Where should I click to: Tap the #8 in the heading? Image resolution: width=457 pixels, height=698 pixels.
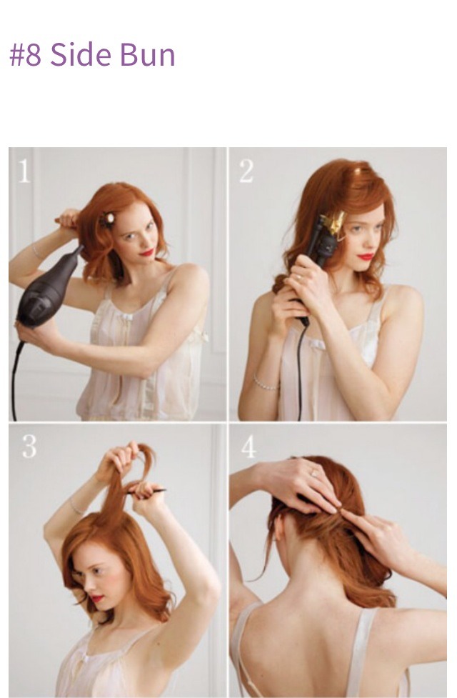26,55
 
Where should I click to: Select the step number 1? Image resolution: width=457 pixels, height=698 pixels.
24,171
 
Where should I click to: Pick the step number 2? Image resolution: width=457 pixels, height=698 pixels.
246,171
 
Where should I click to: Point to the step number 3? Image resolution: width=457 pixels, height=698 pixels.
29,446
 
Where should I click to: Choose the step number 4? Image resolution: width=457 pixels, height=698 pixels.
248,446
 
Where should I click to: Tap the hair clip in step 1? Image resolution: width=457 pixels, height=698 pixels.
107,219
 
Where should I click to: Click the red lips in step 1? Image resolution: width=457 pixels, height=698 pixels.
146,253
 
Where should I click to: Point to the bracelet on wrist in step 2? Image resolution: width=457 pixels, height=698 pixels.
266,383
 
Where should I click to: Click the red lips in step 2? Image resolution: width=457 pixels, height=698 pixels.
366,257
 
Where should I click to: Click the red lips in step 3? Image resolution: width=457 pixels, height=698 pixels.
96,598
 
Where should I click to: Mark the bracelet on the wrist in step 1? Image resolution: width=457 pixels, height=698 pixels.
36,251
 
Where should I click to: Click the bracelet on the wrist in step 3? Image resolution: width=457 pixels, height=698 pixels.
76,507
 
